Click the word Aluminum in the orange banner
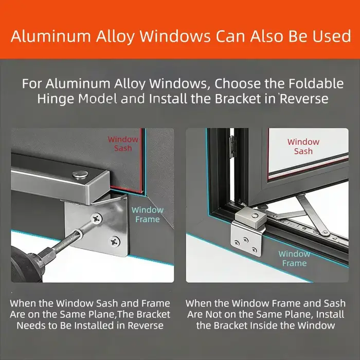tap(51, 36)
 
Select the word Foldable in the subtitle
tap(316, 83)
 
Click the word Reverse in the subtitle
tap(304, 99)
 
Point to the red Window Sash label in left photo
tap(123, 143)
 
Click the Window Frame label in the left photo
tap(148, 214)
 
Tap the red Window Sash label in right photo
tap(303, 146)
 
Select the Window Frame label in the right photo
tap(294, 258)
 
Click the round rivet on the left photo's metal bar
tap(80, 174)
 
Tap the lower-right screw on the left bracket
tap(114, 241)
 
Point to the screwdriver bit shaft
tap(69, 240)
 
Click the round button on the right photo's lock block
tap(255, 215)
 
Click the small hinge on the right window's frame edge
tap(233, 147)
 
